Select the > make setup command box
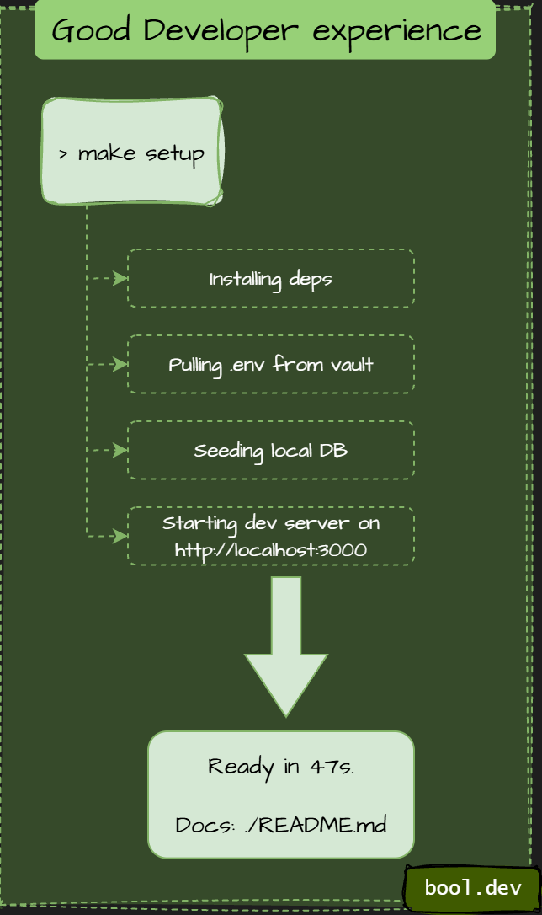click(132, 152)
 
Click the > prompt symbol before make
click(64, 155)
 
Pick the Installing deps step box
click(270, 278)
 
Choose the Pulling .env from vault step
click(270, 364)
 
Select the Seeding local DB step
click(270, 450)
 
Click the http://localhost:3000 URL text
click(270, 549)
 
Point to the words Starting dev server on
click(270, 523)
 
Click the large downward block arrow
click(286, 645)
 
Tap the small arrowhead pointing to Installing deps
click(122, 278)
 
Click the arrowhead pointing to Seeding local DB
click(122, 450)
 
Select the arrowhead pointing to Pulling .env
click(122, 364)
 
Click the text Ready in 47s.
click(281, 767)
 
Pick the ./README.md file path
click(315, 825)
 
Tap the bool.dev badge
click(472, 887)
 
